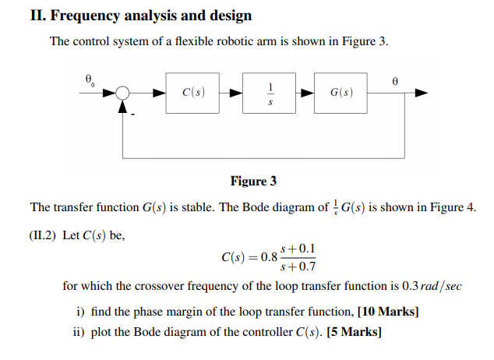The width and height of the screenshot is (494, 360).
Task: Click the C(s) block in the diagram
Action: (x=192, y=93)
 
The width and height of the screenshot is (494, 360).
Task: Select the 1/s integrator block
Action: (x=270, y=93)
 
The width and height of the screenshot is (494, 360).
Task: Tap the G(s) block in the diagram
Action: (x=341, y=93)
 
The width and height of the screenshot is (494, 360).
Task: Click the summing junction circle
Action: (x=122, y=93)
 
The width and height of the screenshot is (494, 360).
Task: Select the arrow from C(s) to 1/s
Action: (x=231, y=93)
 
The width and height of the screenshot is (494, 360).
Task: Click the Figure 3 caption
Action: (x=253, y=182)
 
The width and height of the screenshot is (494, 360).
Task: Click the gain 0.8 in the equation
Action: (x=268, y=257)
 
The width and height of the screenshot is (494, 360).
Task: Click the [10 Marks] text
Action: (x=388, y=312)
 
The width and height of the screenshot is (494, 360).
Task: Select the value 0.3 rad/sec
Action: (x=432, y=286)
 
